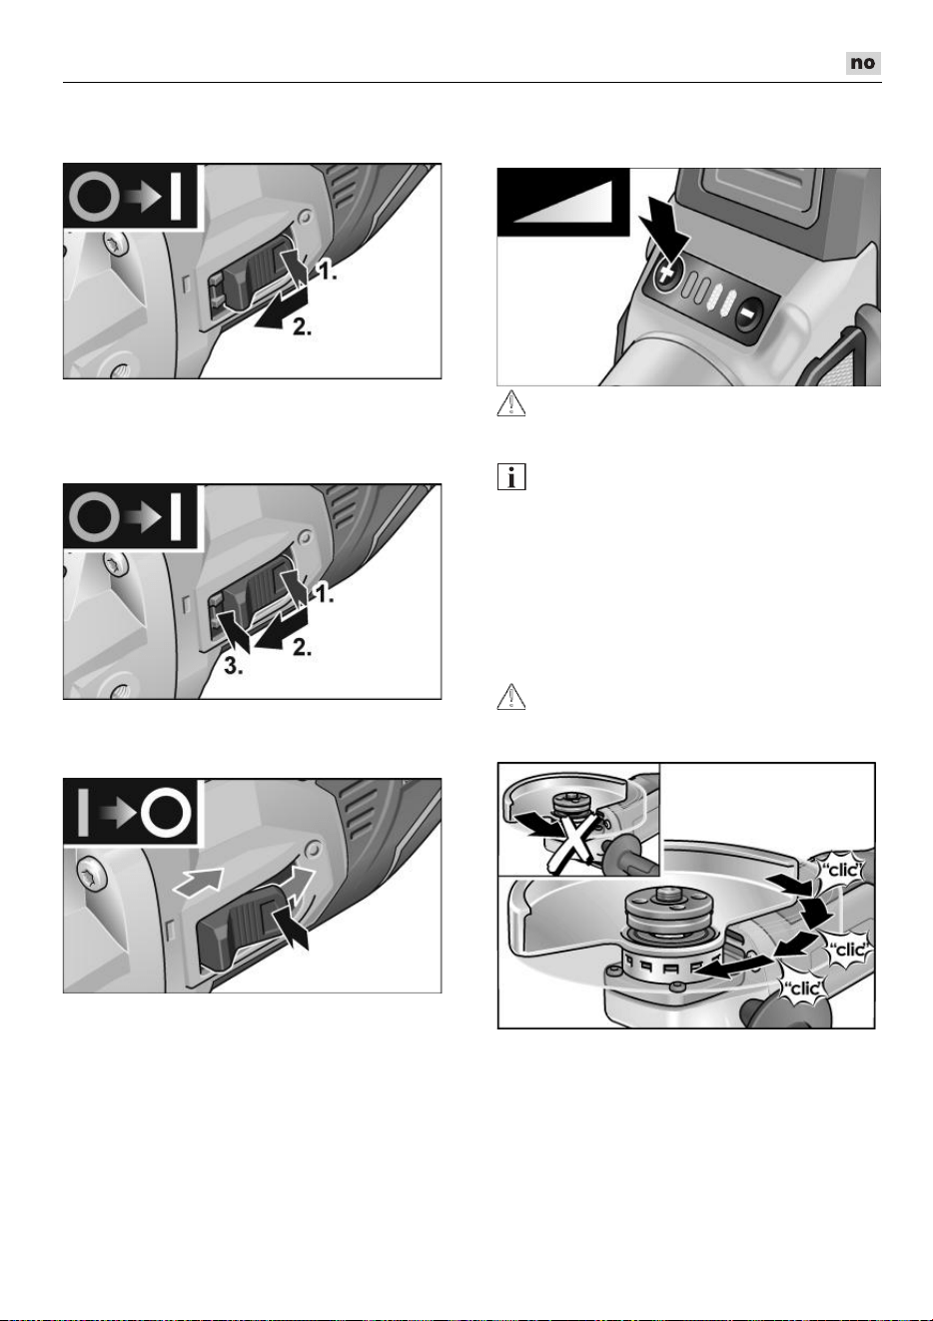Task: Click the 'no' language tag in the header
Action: pyautogui.click(x=863, y=63)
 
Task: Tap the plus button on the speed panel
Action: pyautogui.click(x=667, y=273)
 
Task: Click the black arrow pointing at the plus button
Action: pyautogui.click(x=666, y=232)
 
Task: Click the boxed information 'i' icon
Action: pyautogui.click(x=511, y=476)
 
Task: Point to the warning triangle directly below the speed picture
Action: pyautogui.click(x=511, y=403)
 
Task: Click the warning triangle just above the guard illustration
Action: pyautogui.click(x=511, y=697)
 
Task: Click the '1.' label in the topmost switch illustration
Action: pyautogui.click(x=328, y=272)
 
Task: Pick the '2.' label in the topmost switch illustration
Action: pyautogui.click(x=302, y=328)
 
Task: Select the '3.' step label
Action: pyautogui.click(x=233, y=666)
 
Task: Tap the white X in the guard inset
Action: pyautogui.click(x=570, y=842)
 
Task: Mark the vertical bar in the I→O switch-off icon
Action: pyautogui.click(x=83, y=813)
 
